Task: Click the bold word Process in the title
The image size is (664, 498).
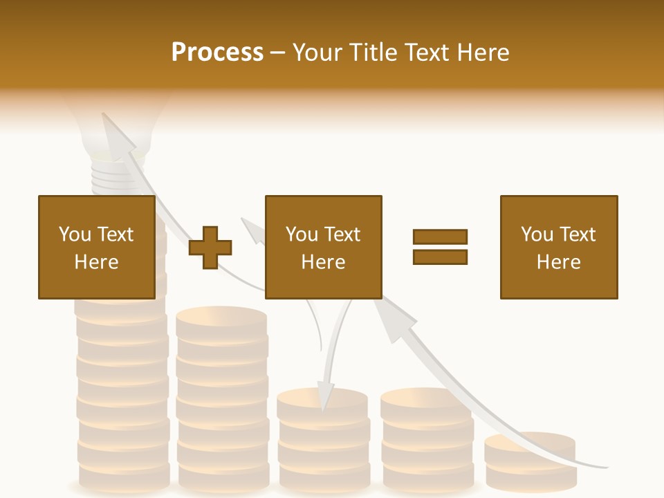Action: [x=217, y=53]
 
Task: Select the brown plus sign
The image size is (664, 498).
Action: [x=210, y=247]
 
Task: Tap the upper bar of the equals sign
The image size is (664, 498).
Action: [x=440, y=237]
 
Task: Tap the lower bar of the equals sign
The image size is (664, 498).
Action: [x=440, y=257]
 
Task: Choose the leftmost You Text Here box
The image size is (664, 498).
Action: [x=96, y=247]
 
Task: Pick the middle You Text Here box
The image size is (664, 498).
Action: [x=323, y=247]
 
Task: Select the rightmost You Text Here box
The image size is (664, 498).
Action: [x=558, y=247]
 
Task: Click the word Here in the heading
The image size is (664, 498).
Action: [x=483, y=53]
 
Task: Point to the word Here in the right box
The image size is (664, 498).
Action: [x=558, y=262]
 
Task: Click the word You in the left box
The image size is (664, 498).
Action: [x=75, y=234]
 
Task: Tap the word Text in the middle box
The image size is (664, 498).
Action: [x=342, y=234]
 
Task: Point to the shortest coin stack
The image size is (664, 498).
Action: [x=531, y=462]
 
